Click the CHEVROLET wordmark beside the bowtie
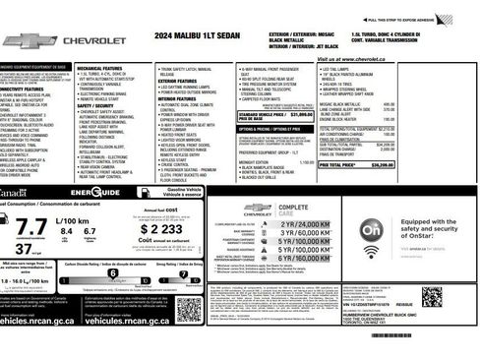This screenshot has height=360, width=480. (x=94, y=41)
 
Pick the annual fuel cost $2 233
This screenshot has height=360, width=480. (x=166, y=228)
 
